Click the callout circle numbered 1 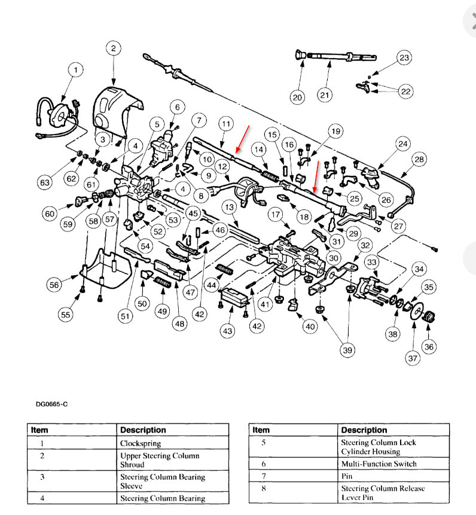click(x=75, y=71)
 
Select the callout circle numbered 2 click(x=114, y=49)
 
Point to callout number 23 click(x=404, y=58)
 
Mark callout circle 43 click(x=227, y=331)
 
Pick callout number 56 click(x=54, y=285)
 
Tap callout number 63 click(x=45, y=182)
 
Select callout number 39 click(x=347, y=351)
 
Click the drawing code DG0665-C click(x=51, y=404)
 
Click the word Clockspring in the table click(x=141, y=444)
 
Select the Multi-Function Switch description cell click(x=379, y=464)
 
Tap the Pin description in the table click(x=347, y=476)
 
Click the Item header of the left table click(x=40, y=429)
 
